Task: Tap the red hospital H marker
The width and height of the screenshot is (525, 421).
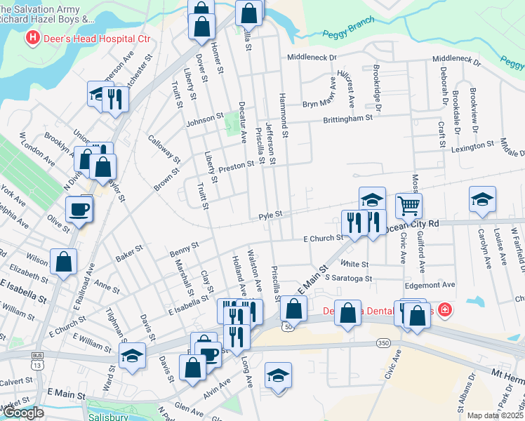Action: pos(32,37)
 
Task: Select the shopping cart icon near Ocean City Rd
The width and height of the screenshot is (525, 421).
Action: pos(409,205)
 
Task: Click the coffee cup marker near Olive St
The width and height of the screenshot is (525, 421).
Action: pos(79,208)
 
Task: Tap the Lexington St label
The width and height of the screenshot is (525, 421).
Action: pos(472,146)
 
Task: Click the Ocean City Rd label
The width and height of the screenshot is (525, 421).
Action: pos(413,224)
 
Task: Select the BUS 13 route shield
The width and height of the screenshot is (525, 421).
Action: pos(36,363)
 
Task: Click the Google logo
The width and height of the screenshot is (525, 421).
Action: pos(23,413)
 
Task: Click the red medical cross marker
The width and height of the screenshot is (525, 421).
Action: pos(444,309)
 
